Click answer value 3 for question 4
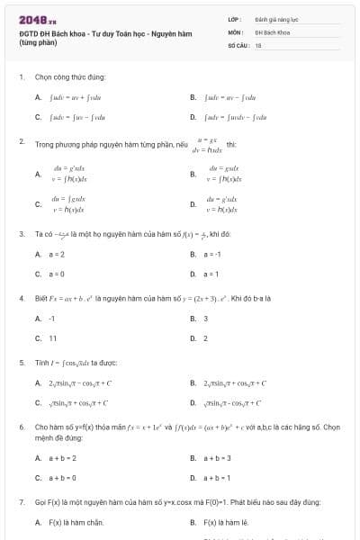click(205, 319)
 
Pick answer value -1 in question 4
click(52, 319)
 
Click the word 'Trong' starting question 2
click(44, 143)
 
